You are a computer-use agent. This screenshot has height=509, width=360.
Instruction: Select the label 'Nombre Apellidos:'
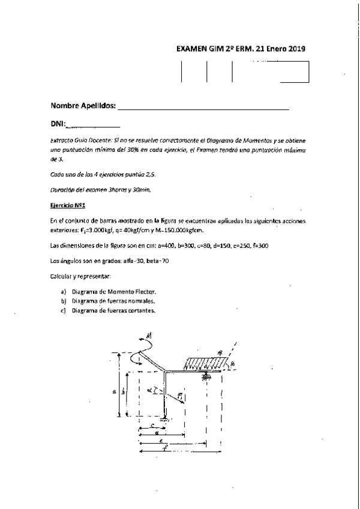click(x=83, y=106)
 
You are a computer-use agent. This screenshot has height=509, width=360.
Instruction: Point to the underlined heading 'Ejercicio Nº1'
click(x=67, y=205)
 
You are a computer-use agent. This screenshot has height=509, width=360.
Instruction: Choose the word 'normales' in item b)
click(x=141, y=301)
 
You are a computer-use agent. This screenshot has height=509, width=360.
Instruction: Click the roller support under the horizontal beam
click(x=206, y=376)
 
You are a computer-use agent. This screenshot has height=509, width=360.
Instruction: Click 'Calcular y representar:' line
click(x=81, y=276)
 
